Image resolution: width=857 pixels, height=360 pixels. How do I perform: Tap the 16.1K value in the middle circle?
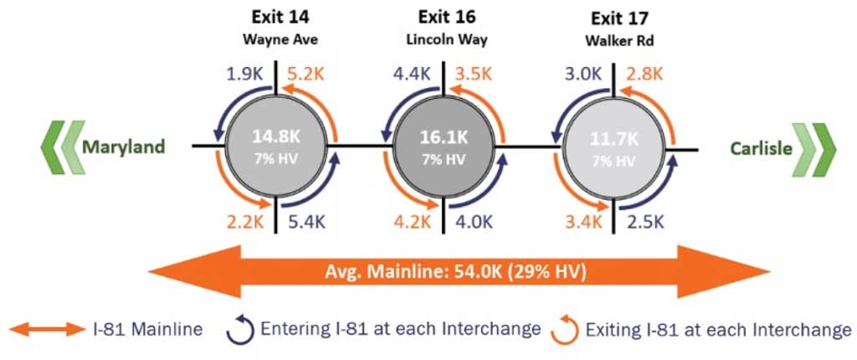pos(443,136)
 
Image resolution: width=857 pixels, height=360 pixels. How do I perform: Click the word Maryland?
pos(123,148)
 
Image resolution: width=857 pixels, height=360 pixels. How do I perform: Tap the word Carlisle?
pos(761,148)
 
